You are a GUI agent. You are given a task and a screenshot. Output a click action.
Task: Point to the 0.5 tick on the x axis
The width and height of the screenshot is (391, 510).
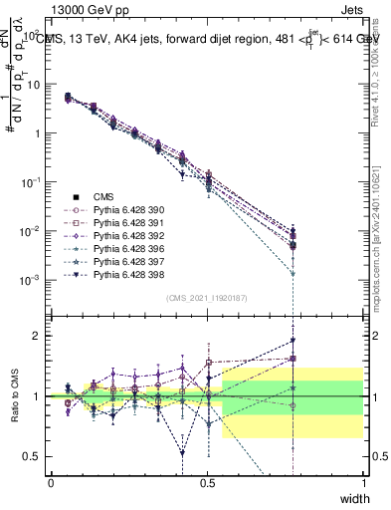(x=207, y=482)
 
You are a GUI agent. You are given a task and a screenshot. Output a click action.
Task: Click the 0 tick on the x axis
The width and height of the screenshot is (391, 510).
(x=51, y=482)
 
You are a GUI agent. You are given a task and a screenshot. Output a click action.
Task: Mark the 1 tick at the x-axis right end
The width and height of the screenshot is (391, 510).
(x=364, y=482)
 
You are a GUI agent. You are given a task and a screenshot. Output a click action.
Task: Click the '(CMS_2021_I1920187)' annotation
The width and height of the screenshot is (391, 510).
(x=207, y=297)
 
